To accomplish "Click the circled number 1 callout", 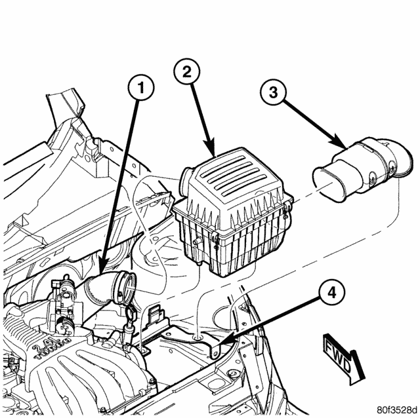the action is coord(141,88).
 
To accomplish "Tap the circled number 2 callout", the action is coord(187,72).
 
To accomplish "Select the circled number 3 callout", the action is coord(273,93).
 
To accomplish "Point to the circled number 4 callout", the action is coord(331,293).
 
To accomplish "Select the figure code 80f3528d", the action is coord(397,409).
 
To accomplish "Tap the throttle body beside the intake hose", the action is coord(63,305).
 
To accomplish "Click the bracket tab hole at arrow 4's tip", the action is coord(215,354).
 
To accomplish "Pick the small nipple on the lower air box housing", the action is coord(197,242).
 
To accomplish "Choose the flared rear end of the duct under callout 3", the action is coord(403,159).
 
